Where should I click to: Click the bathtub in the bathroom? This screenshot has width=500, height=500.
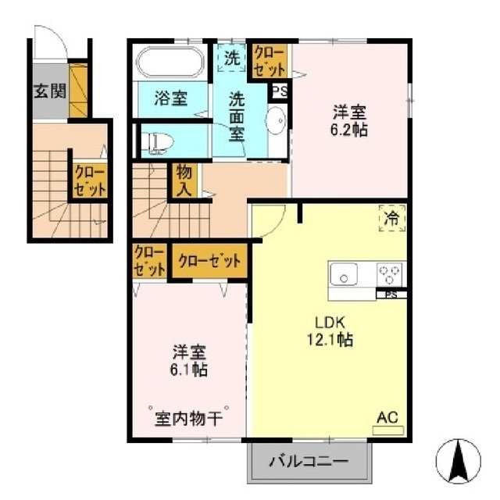click(170, 62)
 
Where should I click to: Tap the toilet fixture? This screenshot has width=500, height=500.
click(157, 141)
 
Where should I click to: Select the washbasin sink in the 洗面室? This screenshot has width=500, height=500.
click(276, 120)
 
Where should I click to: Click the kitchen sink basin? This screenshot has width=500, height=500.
click(344, 274)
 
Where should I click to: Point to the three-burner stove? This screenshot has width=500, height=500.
click(389, 274)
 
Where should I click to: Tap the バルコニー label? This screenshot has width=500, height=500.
click(309, 462)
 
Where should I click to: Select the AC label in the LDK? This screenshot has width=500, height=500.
click(387, 417)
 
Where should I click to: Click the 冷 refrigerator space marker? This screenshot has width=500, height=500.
click(392, 219)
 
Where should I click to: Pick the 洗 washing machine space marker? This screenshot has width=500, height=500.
click(232, 58)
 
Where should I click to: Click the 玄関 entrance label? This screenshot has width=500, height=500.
click(50, 91)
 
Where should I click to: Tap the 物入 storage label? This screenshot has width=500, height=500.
click(184, 182)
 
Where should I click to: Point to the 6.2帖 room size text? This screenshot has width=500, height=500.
click(349, 130)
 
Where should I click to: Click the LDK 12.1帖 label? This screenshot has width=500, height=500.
click(330, 331)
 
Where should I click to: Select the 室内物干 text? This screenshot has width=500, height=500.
click(188, 419)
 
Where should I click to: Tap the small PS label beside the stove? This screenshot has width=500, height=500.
click(392, 295)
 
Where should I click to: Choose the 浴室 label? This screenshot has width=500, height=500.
click(170, 98)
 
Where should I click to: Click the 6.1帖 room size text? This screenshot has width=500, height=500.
click(189, 370)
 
